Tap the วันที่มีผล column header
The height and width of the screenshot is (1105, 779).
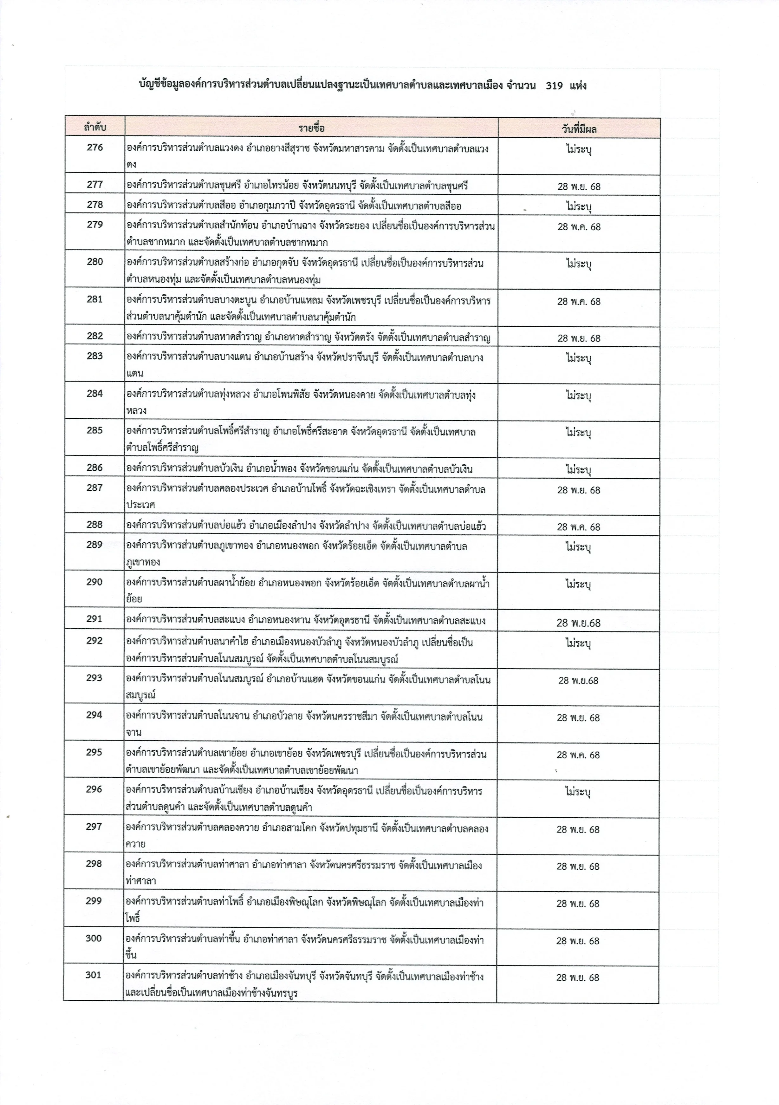click(579, 128)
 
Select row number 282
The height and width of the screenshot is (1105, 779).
click(95, 336)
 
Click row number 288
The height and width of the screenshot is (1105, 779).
click(95, 525)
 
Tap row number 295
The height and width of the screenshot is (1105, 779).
click(95, 752)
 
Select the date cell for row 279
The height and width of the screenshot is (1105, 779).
click(579, 227)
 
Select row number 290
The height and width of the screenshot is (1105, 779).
click(95, 582)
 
